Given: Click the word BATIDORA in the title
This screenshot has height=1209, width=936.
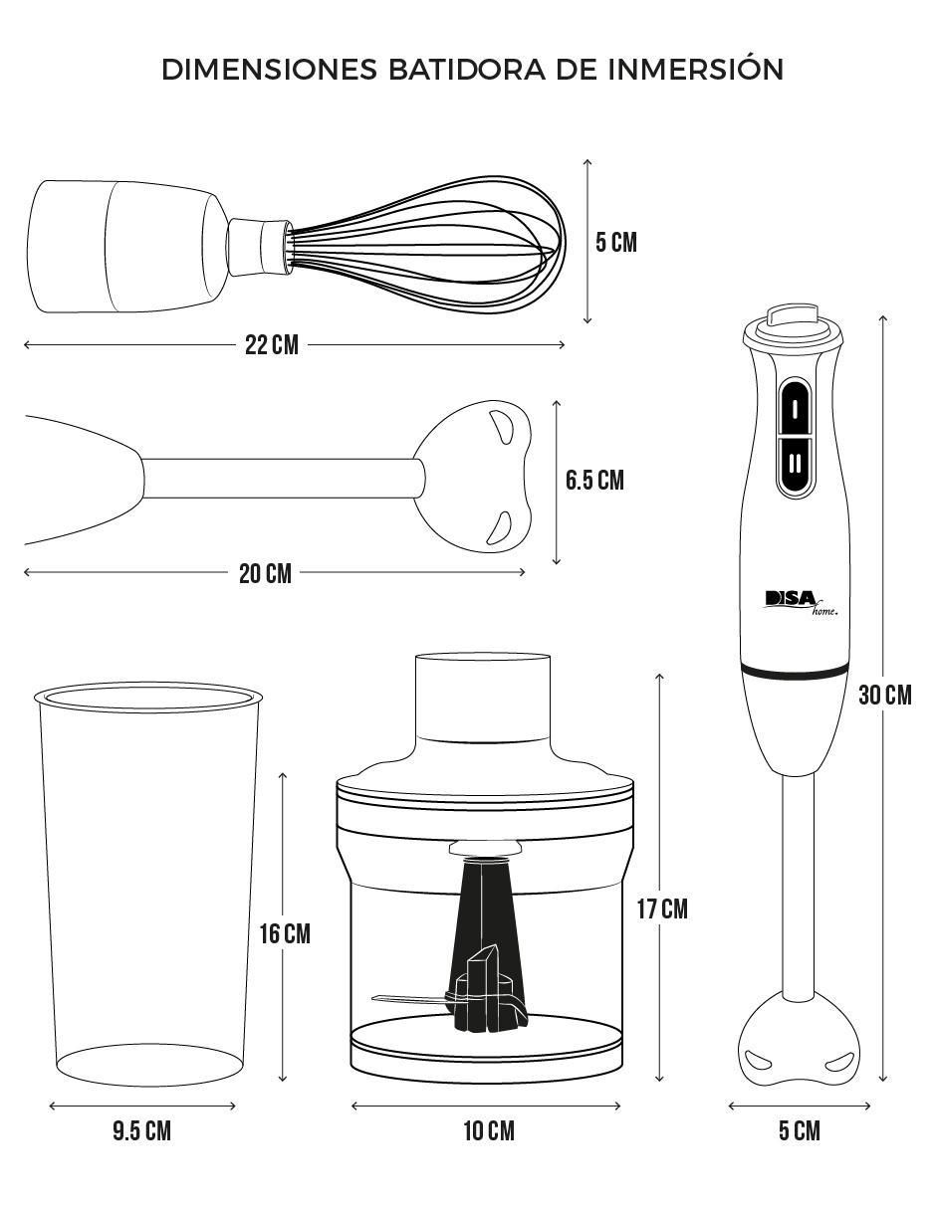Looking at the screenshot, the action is [466, 70].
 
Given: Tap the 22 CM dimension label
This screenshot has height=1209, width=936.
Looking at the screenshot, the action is [272, 345].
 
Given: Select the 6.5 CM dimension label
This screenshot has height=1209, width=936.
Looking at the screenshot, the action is [594, 481].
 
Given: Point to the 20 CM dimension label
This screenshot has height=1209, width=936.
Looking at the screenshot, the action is [265, 573].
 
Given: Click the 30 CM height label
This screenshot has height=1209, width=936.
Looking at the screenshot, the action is [885, 696].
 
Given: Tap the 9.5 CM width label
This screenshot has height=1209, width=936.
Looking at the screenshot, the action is [142, 1131].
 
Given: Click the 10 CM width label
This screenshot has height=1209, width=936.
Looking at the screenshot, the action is [489, 1131].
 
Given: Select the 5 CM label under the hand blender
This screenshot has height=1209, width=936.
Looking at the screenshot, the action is [800, 1131].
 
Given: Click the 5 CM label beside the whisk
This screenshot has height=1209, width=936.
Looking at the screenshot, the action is [616, 243].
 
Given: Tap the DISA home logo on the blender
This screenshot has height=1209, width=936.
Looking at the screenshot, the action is [802, 603].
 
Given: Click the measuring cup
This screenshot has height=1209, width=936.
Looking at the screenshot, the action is [148, 885].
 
